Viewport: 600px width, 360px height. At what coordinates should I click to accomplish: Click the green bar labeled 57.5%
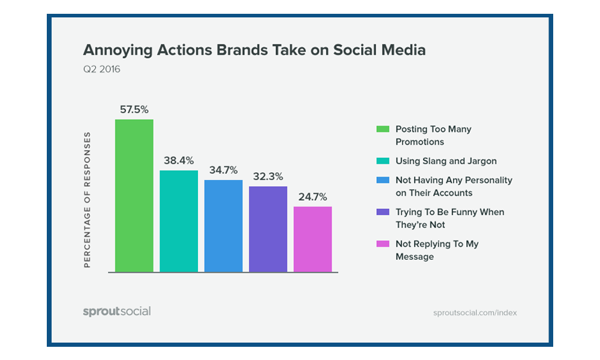tap(134, 196)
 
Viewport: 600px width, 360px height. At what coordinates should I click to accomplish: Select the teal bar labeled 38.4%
tap(179, 221)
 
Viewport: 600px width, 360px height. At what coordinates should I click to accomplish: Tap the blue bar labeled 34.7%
tap(223, 226)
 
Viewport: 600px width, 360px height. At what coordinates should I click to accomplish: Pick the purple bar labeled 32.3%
tap(268, 229)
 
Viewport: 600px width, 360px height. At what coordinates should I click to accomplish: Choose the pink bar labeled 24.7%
tap(313, 239)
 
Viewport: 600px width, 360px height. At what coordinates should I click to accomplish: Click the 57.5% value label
tap(134, 110)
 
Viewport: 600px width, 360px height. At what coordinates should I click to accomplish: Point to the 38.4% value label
tap(179, 161)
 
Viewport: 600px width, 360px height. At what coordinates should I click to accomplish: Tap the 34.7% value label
tap(223, 170)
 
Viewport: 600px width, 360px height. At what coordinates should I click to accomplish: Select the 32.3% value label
tap(268, 177)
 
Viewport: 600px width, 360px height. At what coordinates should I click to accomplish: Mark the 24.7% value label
tap(313, 197)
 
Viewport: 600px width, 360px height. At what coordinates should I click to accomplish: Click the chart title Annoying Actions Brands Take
tap(254, 50)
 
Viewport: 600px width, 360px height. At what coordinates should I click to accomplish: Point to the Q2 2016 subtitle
tap(101, 69)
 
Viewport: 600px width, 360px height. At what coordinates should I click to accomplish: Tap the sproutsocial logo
tap(116, 311)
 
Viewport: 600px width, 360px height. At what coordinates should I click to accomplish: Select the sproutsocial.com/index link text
tap(475, 313)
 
